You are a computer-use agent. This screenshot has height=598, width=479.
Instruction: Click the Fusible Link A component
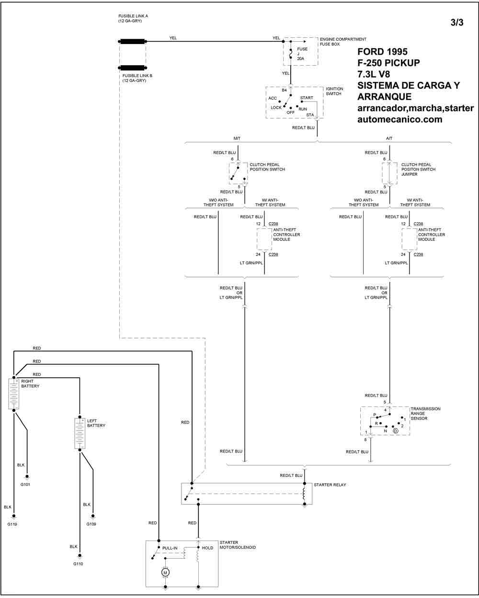(x=132, y=42)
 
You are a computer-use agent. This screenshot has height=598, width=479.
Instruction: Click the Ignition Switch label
(x=334, y=91)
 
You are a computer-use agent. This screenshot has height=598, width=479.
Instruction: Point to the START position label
(x=307, y=98)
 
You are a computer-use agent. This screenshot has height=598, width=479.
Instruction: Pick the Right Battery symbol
(x=13, y=394)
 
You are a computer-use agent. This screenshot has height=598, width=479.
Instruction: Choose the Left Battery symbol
(x=80, y=433)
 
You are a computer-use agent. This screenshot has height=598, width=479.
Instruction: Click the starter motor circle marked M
(x=165, y=572)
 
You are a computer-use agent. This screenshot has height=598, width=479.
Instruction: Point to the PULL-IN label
(x=171, y=548)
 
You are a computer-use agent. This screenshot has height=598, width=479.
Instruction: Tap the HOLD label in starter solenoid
(x=207, y=548)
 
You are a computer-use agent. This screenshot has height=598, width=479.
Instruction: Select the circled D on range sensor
(x=396, y=431)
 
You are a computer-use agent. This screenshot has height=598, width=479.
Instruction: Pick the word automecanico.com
(x=399, y=120)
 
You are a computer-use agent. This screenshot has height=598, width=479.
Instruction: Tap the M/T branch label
(x=237, y=138)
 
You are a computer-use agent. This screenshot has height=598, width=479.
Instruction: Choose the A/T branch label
(x=389, y=138)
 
